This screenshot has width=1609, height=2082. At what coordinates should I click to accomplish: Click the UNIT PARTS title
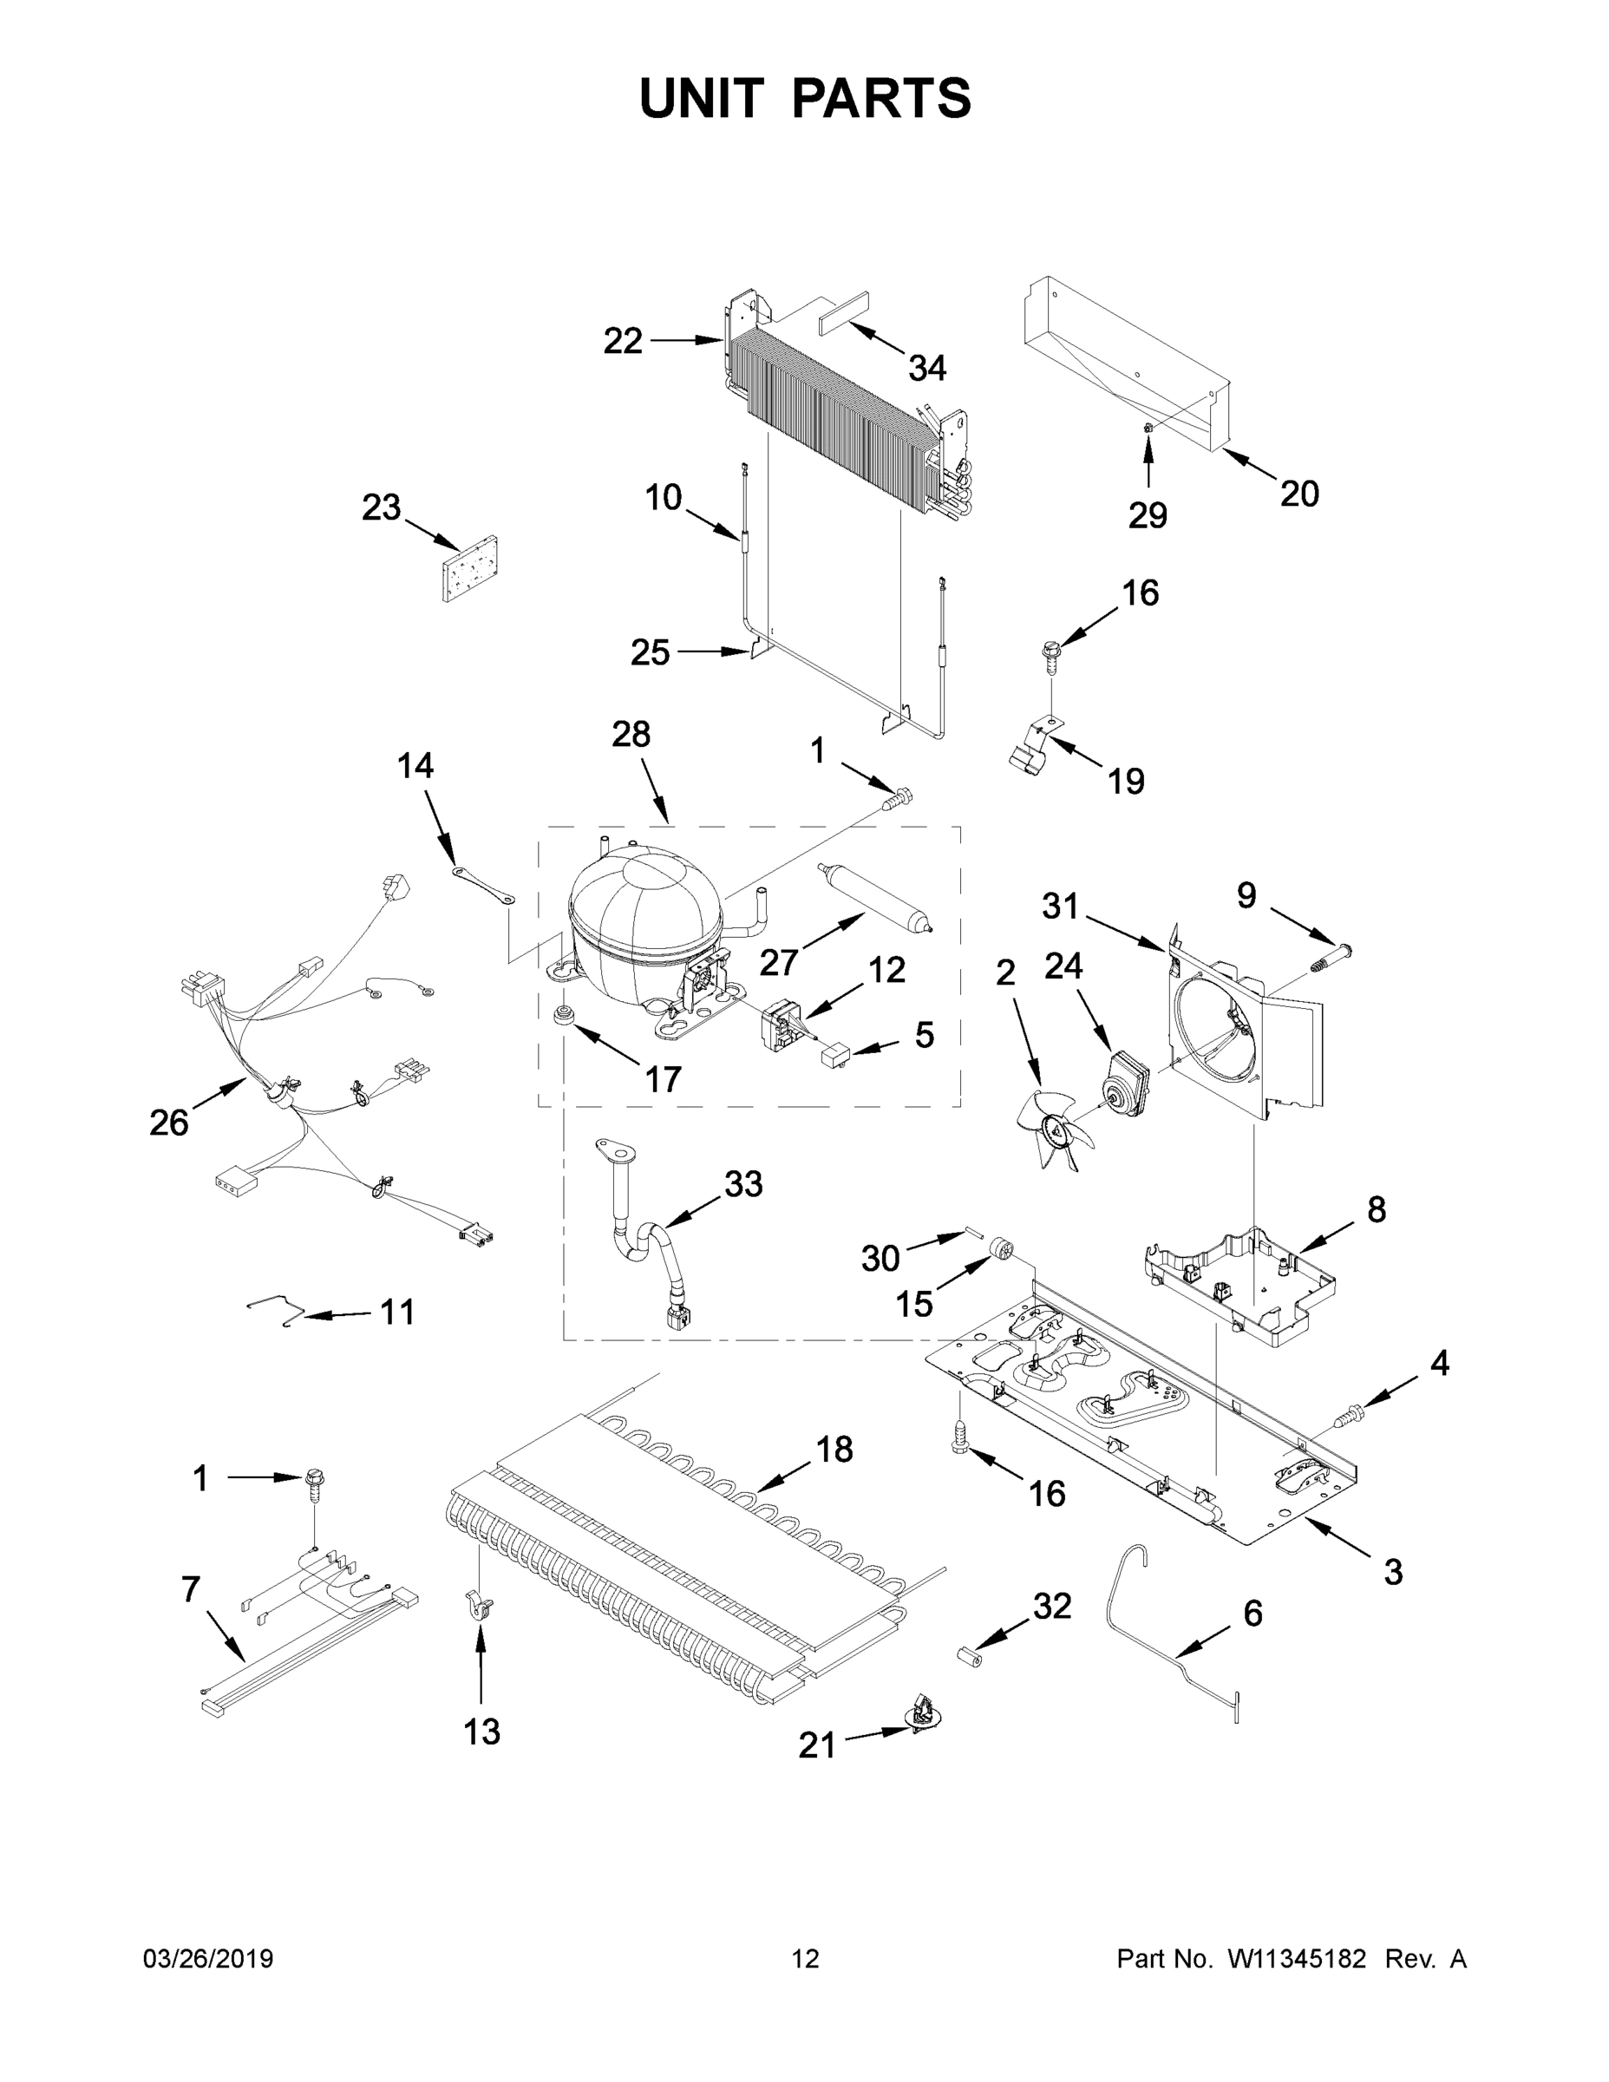tap(806, 98)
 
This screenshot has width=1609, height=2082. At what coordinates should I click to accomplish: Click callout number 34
tap(926, 368)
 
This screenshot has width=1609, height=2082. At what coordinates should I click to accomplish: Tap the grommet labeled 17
tap(566, 1013)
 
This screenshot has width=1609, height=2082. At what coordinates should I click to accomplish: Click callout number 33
tap(742, 1185)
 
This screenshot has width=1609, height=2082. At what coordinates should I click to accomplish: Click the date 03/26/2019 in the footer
tap(208, 1958)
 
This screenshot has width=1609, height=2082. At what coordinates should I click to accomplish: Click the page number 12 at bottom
tap(806, 1958)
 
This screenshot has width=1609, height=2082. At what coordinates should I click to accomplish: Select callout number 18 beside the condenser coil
tap(834, 1450)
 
